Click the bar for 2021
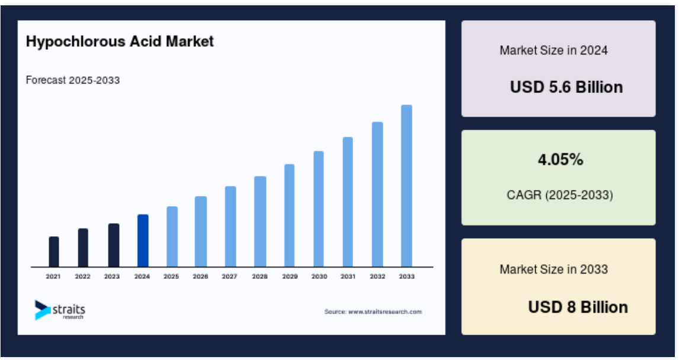(x=54, y=252)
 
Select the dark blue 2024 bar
(x=143, y=240)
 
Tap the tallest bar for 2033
(x=406, y=186)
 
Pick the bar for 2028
(x=260, y=221)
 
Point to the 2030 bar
(x=319, y=209)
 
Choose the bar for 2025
(x=172, y=237)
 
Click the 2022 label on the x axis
(x=83, y=277)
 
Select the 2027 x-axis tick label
(x=229, y=277)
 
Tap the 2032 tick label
(x=377, y=277)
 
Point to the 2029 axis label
(x=290, y=277)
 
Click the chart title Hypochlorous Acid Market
(x=120, y=41)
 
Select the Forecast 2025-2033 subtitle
(x=73, y=80)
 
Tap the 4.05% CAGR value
(x=561, y=160)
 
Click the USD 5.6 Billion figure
(x=566, y=87)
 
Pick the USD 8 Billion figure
(x=578, y=307)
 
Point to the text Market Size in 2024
(x=554, y=50)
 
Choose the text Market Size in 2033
(x=554, y=269)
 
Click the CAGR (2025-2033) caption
(x=560, y=195)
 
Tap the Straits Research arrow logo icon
(x=43, y=310)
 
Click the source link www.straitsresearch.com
(x=385, y=311)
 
